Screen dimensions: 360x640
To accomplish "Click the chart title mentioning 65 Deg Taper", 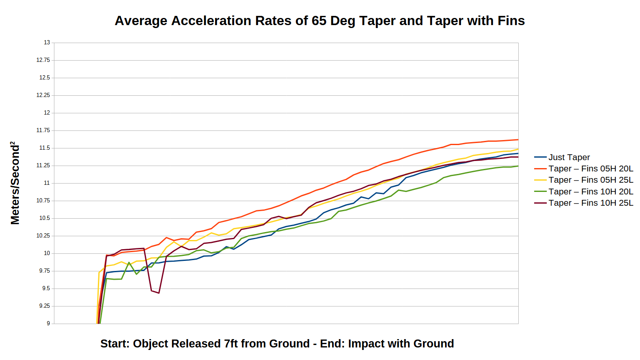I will (x=320, y=21).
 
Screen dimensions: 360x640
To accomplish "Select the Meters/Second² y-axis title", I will (x=15, y=183).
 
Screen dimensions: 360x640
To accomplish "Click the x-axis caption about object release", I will (x=277, y=344).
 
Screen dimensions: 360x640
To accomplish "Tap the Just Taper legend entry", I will (x=569, y=157).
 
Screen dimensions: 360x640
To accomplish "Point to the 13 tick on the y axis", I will (x=47, y=43).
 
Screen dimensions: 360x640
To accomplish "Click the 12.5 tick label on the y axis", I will (x=45, y=78).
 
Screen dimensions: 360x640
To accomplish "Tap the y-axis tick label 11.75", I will (x=43, y=130).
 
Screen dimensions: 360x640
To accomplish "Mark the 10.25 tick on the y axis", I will (x=43, y=236).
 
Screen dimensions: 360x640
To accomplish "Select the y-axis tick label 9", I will (x=48, y=324).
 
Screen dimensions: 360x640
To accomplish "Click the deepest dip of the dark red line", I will (x=159, y=293).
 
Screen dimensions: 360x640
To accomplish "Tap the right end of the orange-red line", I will (x=518, y=140).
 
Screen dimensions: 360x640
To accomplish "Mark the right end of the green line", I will (x=518, y=166).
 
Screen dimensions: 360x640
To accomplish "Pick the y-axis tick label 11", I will (x=47, y=183).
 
